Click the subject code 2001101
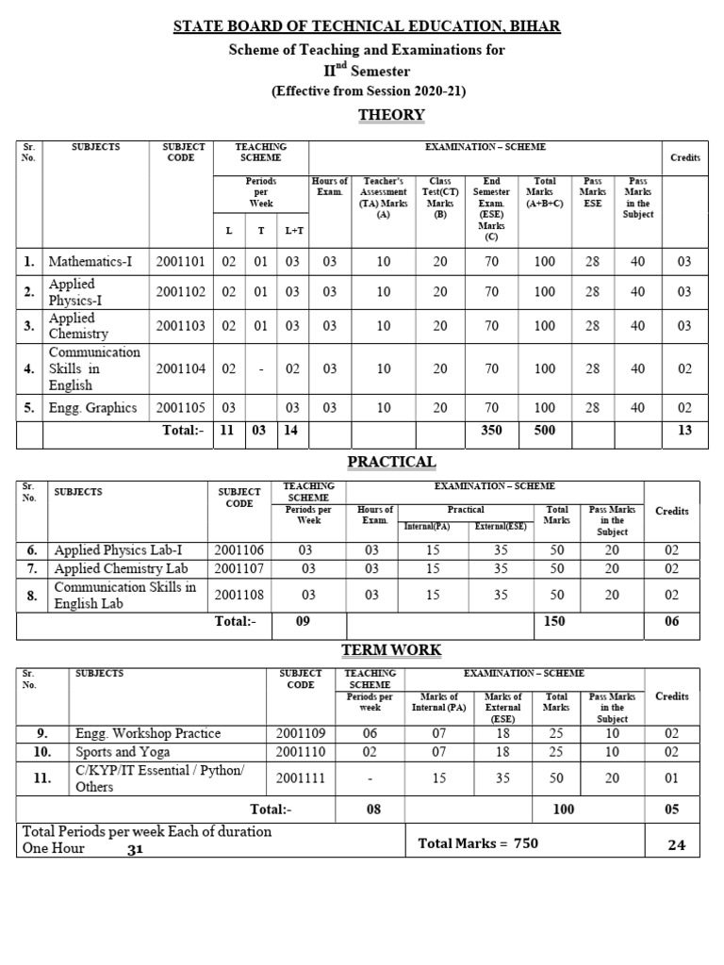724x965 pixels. tap(180, 263)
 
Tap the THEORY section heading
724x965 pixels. tap(391, 115)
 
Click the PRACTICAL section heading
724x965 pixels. tap(391, 461)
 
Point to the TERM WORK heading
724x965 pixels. tap(391, 650)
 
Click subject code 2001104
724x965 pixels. tap(180, 368)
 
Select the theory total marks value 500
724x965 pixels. tap(544, 431)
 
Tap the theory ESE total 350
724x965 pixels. tap(491, 431)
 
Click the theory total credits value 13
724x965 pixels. tap(684, 431)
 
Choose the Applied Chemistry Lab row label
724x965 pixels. tap(121, 568)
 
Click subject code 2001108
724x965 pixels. tap(239, 595)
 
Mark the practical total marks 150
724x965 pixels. tap(557, 621)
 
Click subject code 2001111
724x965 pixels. tap(301, 777)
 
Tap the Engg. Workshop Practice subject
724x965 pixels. tap(148, 733)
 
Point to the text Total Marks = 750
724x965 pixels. tap(478, 843)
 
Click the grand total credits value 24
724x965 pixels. tap(677, 845)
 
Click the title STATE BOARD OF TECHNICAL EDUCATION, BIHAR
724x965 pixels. tap(367, 26)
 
